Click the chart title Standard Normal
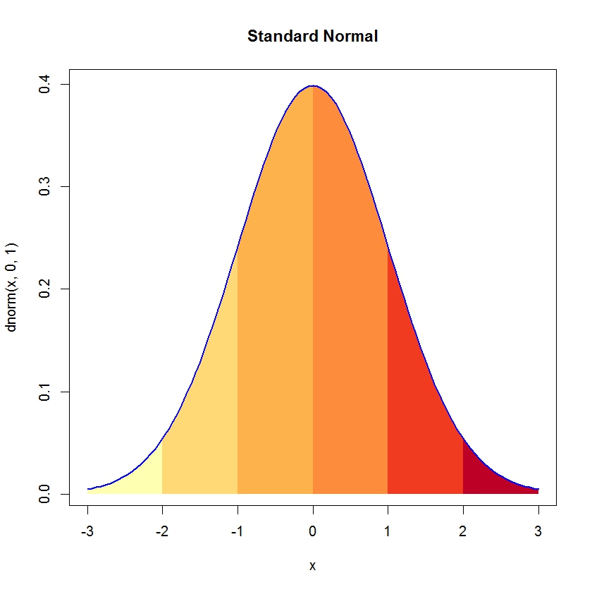312,36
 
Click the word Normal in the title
351,36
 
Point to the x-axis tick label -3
87,530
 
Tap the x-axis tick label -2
162,530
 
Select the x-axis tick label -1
238,530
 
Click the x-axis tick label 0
313,530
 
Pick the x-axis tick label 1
388,530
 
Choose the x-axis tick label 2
463,530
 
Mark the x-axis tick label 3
538,530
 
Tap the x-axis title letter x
312,565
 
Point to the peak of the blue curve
313,86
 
